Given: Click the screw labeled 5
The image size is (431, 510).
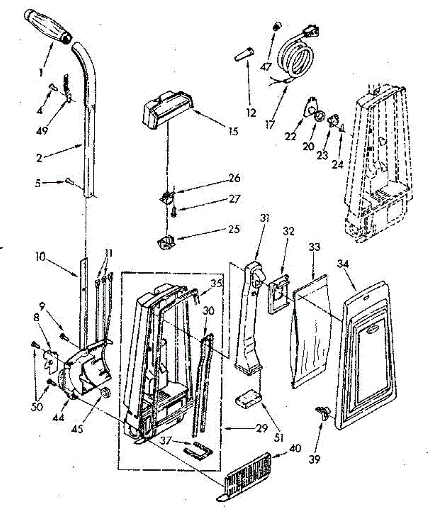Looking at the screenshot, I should [69, 182].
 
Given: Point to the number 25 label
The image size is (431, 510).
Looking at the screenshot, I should [234, 229].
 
